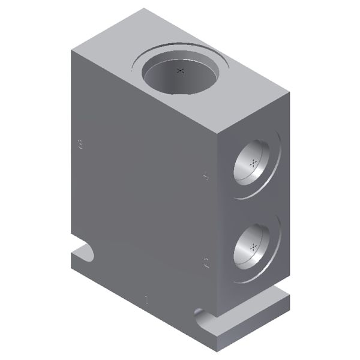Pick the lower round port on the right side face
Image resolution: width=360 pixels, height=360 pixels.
pos(254,245)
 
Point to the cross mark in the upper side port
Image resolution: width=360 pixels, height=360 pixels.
pos(254,163)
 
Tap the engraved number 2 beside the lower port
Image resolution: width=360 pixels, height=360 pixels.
pos(206,262)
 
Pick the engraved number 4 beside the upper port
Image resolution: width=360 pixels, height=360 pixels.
pos(206,176)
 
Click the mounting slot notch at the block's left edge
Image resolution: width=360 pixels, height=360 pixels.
pos(85,251)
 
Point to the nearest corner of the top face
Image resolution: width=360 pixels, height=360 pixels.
pos(215,133)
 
